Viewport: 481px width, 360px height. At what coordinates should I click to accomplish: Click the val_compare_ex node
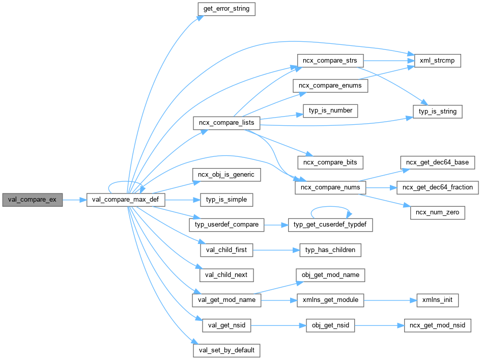[32, 200]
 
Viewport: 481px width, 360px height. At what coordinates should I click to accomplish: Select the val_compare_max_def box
[126, 200]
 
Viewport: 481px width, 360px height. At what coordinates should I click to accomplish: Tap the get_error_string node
[226, 9]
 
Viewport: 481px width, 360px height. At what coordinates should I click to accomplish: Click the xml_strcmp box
[437, 61]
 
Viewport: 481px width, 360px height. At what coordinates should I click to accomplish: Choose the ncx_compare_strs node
[330, 61]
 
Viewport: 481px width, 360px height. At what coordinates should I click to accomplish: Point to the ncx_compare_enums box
[330, 86]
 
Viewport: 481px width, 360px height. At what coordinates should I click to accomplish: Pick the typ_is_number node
[331, 110]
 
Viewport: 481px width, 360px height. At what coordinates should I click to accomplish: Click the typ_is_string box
[437, 112]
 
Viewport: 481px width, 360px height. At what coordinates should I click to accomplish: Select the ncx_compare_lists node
[227, 123]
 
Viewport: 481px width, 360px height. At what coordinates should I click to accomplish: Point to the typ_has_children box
[330, 250]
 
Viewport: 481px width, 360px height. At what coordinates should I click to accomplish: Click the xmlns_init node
[437, 300]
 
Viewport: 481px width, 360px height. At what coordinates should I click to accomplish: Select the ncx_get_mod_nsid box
[437, 325]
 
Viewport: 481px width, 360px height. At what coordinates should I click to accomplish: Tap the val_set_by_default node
[227, 350]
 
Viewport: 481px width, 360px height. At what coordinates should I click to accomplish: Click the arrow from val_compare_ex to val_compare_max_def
[75, 200]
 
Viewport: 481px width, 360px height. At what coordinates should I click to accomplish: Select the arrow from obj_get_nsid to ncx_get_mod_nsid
[380, 325]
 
